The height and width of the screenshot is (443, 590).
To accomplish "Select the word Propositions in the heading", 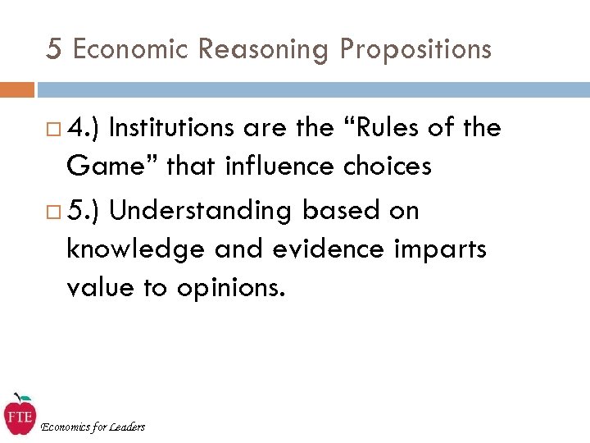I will tap(415, 49).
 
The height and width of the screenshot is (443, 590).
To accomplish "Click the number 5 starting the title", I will tap(53, 49).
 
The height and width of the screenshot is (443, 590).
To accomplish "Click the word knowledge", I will tap(129, 249).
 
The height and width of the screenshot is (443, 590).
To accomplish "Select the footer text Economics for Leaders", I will tap(93, 427).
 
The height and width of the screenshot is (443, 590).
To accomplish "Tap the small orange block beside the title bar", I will tap(16, 89).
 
